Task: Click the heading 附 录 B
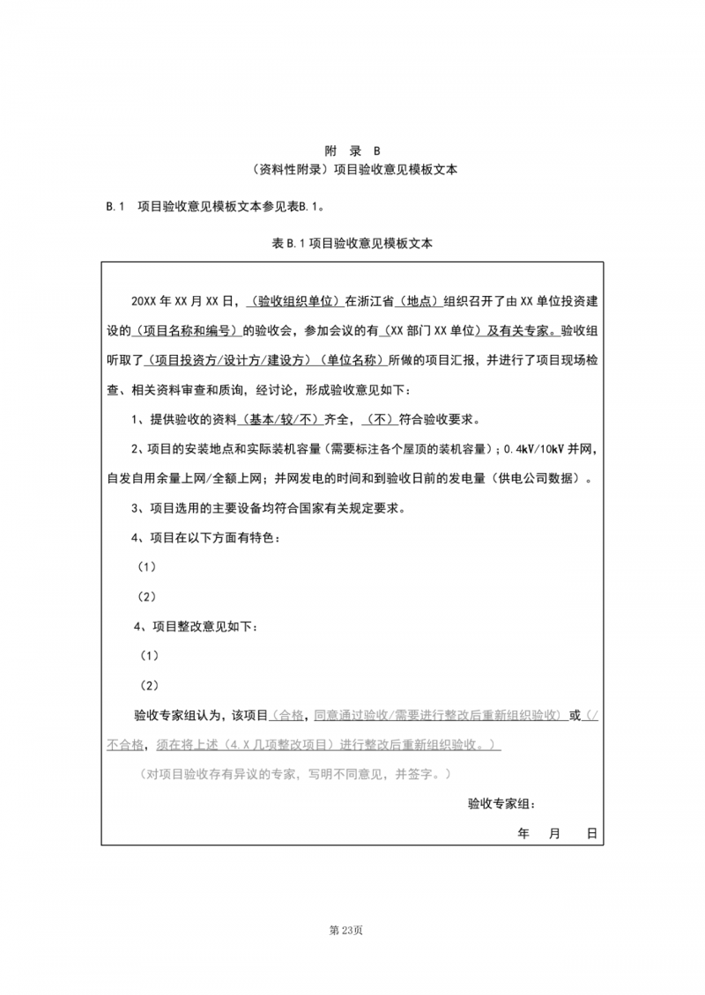coord(352,151)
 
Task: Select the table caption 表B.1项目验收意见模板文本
coord(352,243)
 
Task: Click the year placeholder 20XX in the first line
coord(143,300)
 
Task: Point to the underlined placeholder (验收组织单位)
coord(294,300)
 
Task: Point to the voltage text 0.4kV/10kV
coord(535,449)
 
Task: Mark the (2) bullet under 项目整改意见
coord(149,685)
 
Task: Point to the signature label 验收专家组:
coord(500,804)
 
